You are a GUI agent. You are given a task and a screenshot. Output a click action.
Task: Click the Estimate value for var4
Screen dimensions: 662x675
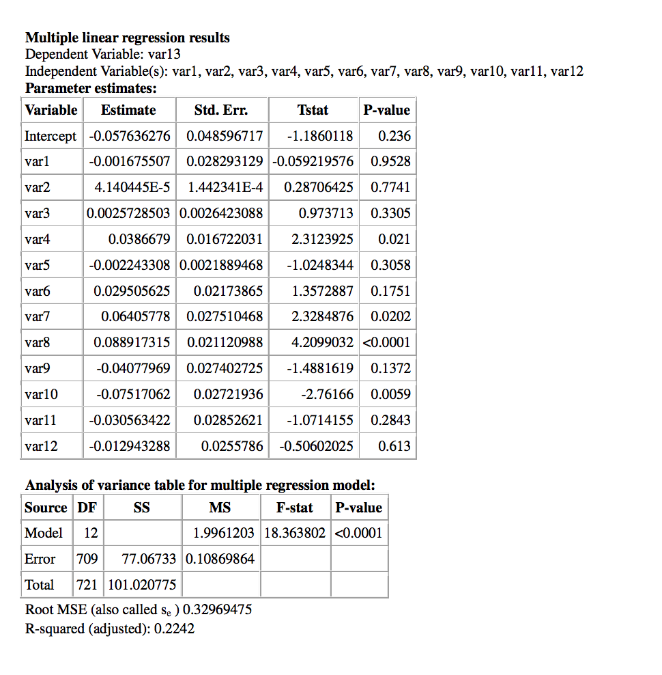click(139, 240)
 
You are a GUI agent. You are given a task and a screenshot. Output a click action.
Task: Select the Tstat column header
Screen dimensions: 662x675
click(313, 110)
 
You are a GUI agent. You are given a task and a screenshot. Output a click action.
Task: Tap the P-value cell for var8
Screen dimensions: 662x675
click(386, 343)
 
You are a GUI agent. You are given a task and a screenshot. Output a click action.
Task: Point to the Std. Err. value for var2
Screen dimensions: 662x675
click(225, 188)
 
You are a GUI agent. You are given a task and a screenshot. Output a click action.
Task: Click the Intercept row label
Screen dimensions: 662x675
click(51, 136)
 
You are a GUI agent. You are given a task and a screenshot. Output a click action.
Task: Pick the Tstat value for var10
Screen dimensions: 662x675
click(327, 395)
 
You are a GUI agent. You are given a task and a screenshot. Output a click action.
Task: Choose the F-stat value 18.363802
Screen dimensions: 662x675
click(295, 534)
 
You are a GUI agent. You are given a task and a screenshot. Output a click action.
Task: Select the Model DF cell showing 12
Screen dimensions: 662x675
click(91, 534)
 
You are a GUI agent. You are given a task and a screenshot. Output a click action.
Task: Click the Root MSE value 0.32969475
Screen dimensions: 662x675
click(217, 610)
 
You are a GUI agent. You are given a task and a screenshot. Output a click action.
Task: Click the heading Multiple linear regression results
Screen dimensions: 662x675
click(128, 38)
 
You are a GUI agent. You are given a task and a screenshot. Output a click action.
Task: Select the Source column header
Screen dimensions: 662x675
click(46, 508)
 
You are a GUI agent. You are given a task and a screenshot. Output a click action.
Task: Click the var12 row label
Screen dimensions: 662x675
click(41, 447)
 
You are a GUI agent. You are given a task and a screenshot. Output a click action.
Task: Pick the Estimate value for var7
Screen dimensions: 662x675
click(135, 317)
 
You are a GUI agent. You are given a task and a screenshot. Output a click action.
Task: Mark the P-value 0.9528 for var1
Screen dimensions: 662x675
click(390, 162)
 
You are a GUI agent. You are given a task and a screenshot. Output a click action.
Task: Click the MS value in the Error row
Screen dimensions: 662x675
click(220, 560)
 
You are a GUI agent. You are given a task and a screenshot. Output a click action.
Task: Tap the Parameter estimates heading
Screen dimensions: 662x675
click(91, 89)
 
